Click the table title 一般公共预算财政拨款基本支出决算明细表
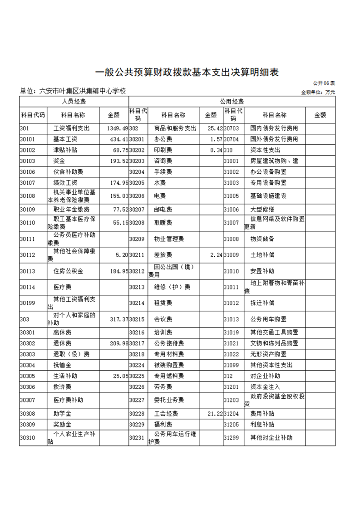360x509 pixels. [186, 72]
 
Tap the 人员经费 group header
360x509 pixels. [74, 102]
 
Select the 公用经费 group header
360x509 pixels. [232, 102]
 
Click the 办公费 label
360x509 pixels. [162, 139]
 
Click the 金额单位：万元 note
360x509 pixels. [318, 92]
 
